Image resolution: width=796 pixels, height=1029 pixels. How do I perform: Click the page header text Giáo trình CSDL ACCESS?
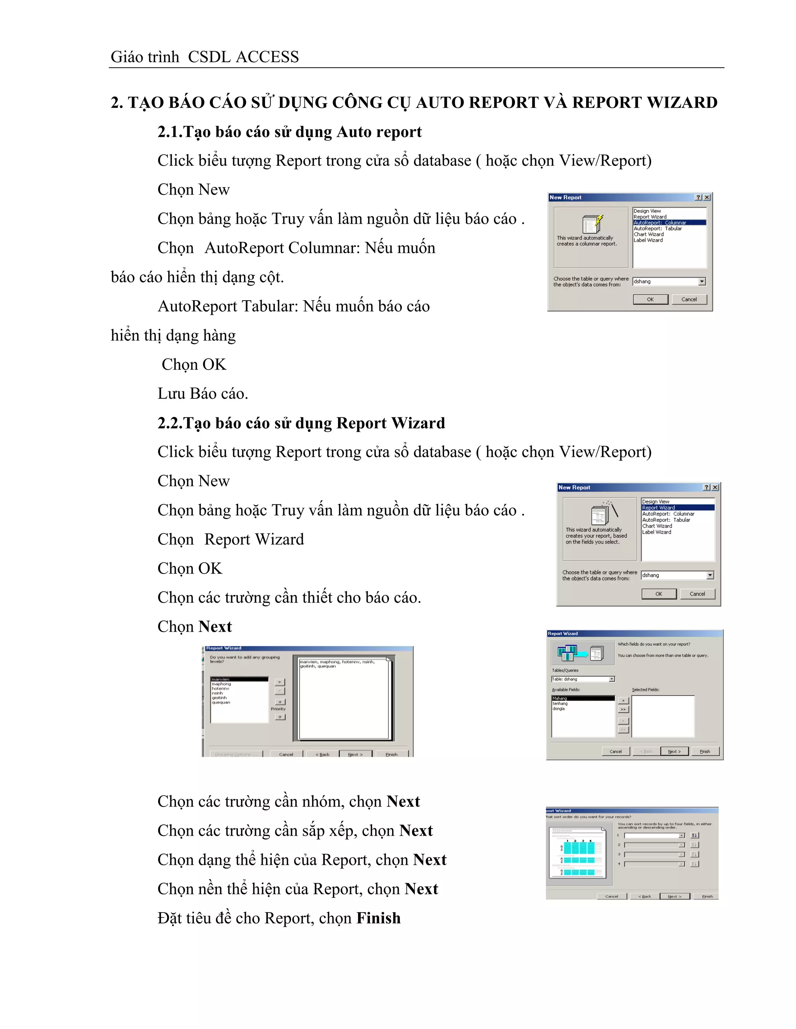click(204, 57)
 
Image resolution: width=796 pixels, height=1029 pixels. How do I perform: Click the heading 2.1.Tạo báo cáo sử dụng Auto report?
click(289, 132)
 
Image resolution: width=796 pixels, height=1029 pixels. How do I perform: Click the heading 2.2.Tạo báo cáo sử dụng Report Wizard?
click(301, 423)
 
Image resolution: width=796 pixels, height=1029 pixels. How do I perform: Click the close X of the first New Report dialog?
click(707, 197)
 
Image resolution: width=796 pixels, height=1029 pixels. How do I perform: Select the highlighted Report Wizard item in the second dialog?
click(677, 508)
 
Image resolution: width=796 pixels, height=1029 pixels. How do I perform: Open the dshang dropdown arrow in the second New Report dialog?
click(710, 575)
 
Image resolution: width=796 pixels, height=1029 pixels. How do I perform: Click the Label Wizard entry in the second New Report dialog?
click(656, 532)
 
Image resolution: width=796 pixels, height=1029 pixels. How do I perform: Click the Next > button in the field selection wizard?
click(674, 751)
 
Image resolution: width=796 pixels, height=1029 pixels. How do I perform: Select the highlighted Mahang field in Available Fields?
click(583, 698)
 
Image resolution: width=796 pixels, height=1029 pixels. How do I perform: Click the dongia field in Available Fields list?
click(559, 709)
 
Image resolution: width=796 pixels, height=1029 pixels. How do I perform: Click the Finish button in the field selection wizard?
click(705, 751)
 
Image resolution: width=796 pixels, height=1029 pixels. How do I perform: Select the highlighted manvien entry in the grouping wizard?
click(239, 679)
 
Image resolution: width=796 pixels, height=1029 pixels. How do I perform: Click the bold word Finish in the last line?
click(378, 918)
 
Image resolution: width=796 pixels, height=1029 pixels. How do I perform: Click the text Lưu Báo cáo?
click(203, 393)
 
